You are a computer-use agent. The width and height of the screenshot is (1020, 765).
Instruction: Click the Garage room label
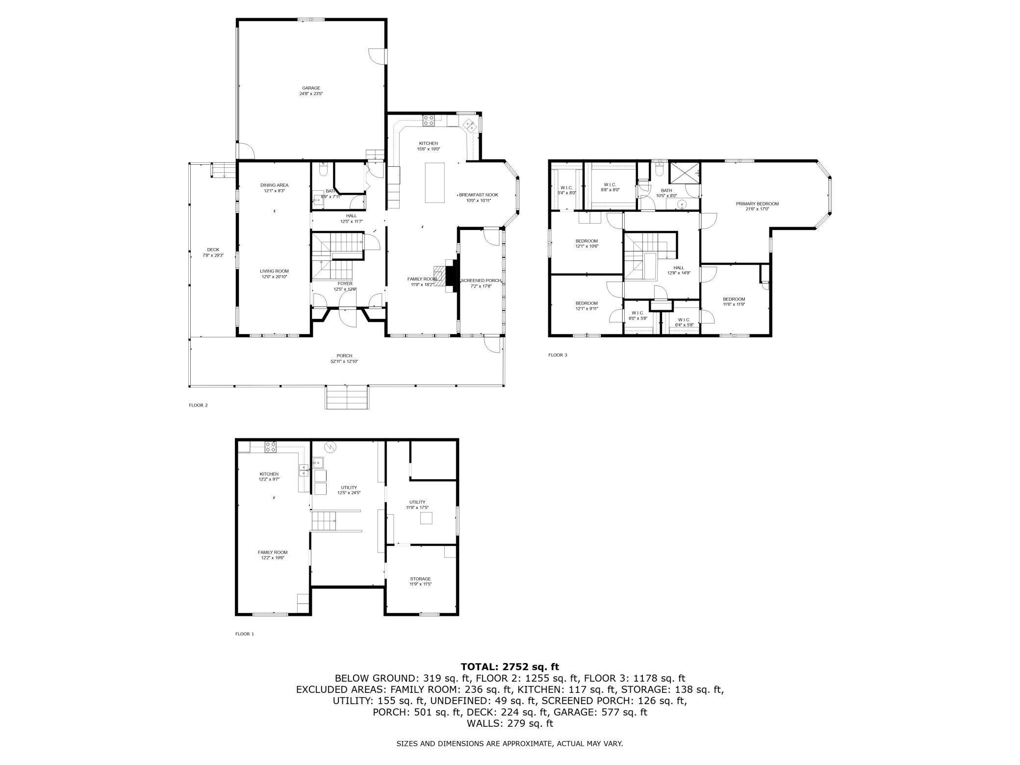(x=311, y=88)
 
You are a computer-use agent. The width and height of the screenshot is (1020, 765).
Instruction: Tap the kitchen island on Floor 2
(x=435, y=182)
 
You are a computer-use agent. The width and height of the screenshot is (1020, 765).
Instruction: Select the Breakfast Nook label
(x=478, y=195)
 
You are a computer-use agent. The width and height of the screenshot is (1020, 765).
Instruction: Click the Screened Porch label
(x=481, y=280)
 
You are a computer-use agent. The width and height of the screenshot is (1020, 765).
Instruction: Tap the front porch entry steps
(x=347, y=397)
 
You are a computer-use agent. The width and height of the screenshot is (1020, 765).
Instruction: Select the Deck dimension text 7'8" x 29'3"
(x=213, y=255)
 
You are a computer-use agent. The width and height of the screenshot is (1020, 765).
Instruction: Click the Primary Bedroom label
(x=757, y=204)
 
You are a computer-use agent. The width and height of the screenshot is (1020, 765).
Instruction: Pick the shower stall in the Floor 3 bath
(x=685, y=171)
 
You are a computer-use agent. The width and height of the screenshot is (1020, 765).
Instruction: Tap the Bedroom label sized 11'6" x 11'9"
(x=734, y=299)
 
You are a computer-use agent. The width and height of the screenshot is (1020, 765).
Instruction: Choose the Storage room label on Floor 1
(x=420, y=579)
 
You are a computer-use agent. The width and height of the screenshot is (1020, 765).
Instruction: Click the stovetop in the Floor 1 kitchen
(x=270, y=447)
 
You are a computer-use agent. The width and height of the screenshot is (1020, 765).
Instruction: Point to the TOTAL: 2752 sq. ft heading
(x=510, y=666)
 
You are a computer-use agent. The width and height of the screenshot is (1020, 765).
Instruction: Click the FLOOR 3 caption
(x=558, y=355)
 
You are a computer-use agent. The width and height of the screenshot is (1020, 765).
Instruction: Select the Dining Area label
(x=274, y=185)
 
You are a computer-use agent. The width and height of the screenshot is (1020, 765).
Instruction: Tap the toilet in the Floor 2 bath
(x=323, y=170)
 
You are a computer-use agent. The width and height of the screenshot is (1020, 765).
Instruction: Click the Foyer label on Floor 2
(x=345, y=283)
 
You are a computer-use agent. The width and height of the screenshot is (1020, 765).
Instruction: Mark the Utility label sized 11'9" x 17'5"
(x=417, y=502)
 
